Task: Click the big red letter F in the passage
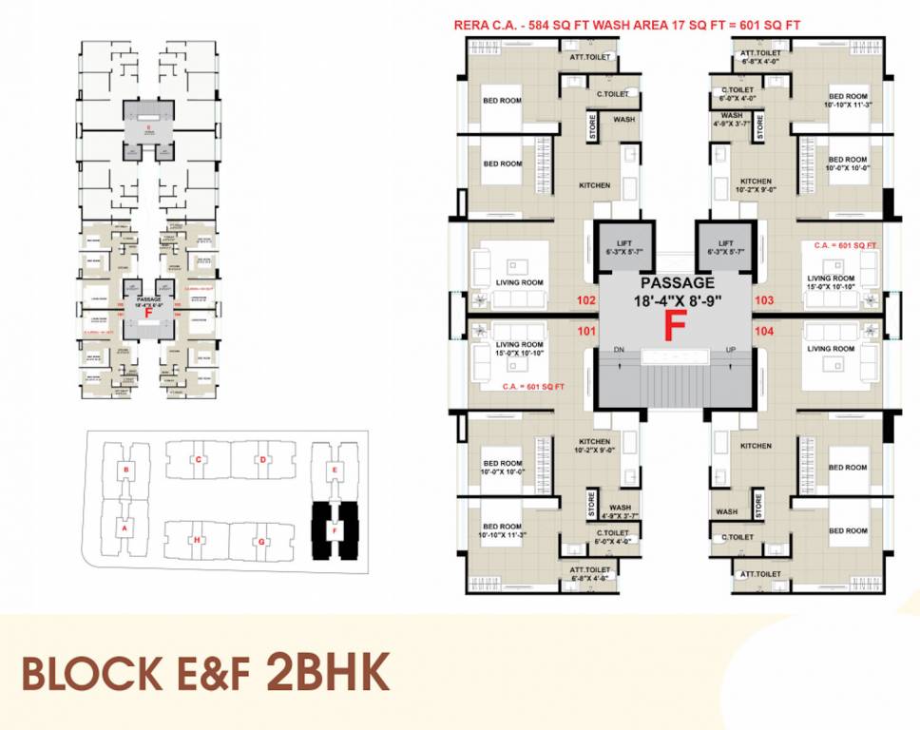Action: [675, 325]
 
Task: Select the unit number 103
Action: [763, 300]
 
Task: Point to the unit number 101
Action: [586, 333]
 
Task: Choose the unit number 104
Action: [763, 333]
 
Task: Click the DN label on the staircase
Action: [619, 349]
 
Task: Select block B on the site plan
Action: [125, 471]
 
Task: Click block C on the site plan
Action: [198, 460]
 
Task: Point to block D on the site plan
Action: [262, 460]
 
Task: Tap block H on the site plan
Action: [198, 541]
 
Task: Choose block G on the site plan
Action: [261, 541]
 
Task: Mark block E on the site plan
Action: [334, 471]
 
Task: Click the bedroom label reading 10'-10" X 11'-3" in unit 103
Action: [848, 101]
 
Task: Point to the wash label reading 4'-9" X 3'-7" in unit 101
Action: [620, 512]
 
